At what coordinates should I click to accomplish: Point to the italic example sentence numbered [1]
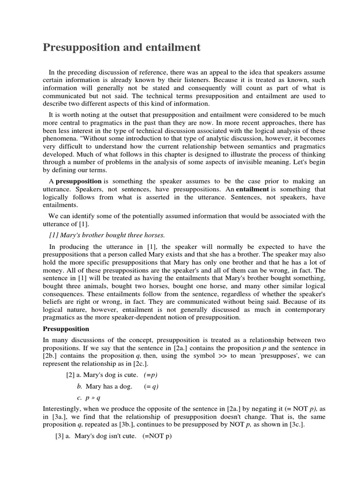tap(107, 234)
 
